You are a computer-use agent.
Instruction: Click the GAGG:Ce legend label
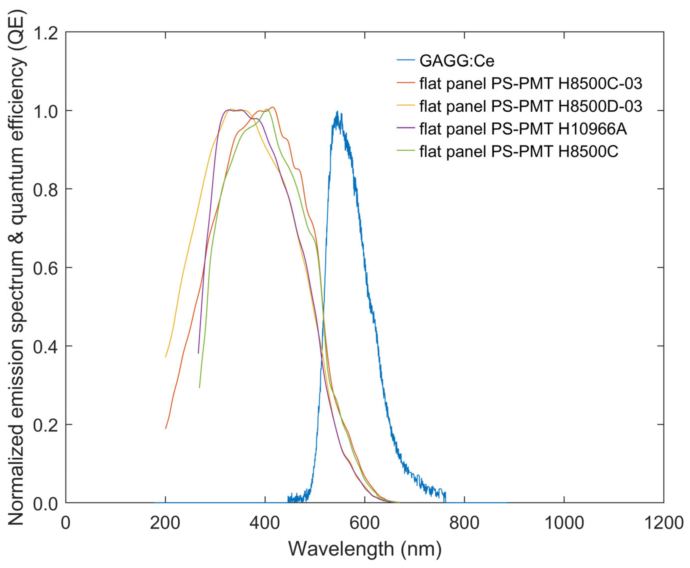[457, 61]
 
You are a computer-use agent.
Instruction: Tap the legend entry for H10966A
[523, 129]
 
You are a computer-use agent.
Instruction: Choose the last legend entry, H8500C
[519, 151]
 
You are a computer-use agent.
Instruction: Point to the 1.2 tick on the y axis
[46, 33]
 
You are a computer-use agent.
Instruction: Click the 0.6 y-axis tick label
[46, 268]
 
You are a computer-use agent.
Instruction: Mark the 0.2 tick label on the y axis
[46, 425]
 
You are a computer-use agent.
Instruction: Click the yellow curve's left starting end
[166, 357]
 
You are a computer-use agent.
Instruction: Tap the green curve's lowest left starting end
[199, 387]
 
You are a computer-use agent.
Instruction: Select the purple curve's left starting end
[198, 353]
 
